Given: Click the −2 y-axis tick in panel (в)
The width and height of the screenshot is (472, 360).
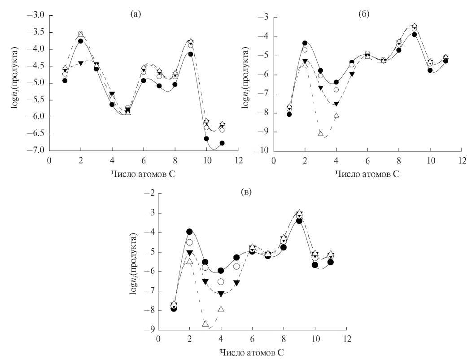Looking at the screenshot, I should click(x=149, y=193).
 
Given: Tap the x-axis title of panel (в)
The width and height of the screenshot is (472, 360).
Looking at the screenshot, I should click(x=252, y=352).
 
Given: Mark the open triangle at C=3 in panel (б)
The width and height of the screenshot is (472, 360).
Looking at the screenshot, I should click(x=320, y=133).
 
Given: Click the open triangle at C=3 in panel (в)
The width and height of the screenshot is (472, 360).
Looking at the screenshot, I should click(x=205, y=324).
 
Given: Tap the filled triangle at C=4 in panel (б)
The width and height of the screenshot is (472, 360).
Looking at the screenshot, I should click(x=337, y=104).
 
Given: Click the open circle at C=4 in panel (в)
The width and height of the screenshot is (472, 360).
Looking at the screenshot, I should click(x=221, y=281).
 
